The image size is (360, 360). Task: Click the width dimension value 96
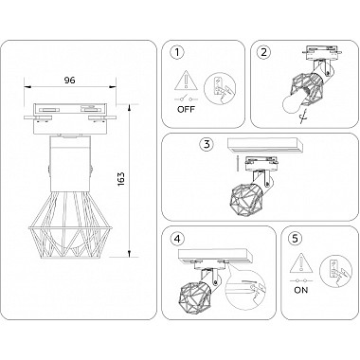67,81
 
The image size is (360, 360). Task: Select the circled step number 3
206,144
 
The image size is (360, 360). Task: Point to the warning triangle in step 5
303,262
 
